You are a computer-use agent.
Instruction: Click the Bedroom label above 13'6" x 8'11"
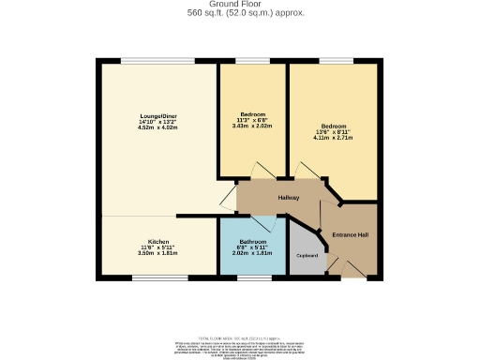coord(333,126)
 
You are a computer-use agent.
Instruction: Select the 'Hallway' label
coord(288,198)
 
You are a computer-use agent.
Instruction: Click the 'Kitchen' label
coord(157,241)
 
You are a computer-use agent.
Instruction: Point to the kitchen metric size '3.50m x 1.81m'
coord(157,252)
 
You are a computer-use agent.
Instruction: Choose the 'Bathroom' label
coord(251,241)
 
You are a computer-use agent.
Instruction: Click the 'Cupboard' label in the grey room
coord(307,256)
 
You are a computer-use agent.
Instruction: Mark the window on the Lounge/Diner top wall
coord(157,62)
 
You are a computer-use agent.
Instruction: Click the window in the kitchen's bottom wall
coord(157,277)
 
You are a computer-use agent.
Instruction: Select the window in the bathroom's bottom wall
coord(250,277)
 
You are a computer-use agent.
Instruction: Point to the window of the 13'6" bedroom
coord(335,62)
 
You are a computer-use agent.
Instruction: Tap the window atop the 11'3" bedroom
coord(252,62)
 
